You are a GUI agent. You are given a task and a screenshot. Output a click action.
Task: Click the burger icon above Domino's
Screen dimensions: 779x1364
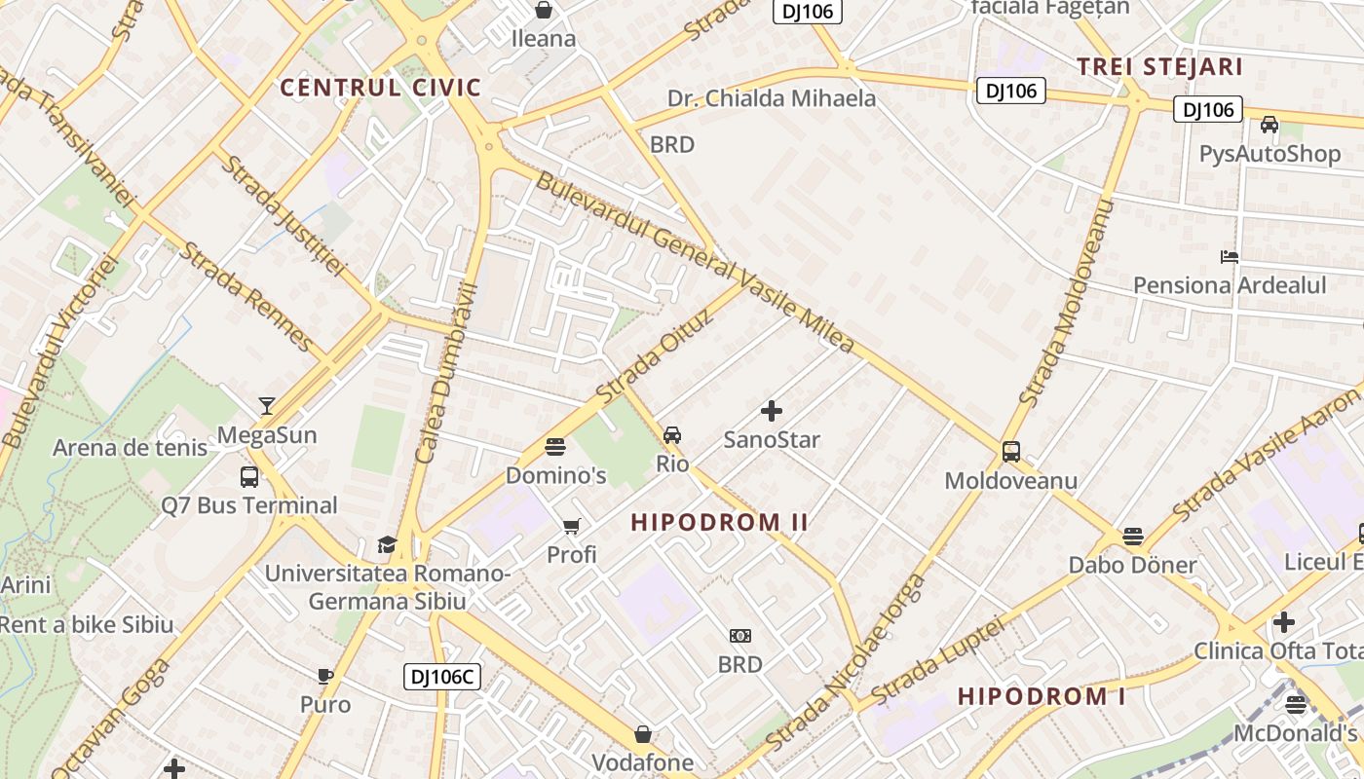555,447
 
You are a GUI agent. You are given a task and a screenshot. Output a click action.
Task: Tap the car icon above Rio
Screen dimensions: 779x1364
672,434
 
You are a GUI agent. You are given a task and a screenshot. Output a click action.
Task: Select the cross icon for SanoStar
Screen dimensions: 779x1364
772,411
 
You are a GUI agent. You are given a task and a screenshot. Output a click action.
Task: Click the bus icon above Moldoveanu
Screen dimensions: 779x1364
1011,452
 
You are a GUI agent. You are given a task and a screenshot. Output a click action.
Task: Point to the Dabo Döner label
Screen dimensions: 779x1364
1132,565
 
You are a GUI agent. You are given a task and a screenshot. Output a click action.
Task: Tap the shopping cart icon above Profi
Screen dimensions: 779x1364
572,527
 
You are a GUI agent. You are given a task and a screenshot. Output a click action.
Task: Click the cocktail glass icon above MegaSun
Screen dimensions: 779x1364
267,405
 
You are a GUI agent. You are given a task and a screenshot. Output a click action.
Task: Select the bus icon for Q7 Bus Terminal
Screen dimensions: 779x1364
249,477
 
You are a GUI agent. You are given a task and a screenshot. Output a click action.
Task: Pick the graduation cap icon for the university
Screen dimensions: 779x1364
388,544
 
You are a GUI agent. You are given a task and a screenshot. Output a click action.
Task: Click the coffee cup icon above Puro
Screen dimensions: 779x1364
325,676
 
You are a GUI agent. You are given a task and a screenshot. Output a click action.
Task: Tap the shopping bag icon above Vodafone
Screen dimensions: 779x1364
643,733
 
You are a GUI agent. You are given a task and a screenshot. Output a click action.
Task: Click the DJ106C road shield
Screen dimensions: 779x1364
442,677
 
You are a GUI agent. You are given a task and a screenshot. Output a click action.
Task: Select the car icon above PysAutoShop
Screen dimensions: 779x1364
1269,125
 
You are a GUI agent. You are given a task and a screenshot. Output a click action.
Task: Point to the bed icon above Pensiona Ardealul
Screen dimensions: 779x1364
1230,257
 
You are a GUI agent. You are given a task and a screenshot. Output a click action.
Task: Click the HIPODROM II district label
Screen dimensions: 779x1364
720,523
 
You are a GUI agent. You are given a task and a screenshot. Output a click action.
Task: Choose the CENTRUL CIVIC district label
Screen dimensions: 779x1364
381,88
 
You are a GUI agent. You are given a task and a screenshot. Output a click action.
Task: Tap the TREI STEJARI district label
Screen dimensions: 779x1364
1159,67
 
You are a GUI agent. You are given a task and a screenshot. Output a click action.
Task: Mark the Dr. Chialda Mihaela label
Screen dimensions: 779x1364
772,98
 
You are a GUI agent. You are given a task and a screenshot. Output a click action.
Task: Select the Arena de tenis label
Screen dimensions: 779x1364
130,448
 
